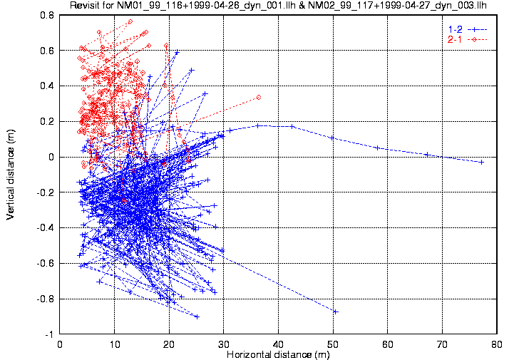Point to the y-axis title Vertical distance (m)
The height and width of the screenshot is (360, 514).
(11, 174)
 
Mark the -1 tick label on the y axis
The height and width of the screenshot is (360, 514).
(51, 334)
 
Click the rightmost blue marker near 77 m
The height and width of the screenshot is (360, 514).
(481, 163)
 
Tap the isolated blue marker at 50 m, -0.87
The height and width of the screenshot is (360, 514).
(335, 312)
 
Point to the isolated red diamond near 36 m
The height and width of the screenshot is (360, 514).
(258, 97)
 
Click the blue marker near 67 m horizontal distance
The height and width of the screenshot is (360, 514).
(426, 154)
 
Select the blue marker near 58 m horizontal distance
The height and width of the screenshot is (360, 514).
(377, 148)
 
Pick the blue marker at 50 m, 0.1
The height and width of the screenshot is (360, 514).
(332, 138)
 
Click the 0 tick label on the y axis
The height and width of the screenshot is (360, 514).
(52, 157)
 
